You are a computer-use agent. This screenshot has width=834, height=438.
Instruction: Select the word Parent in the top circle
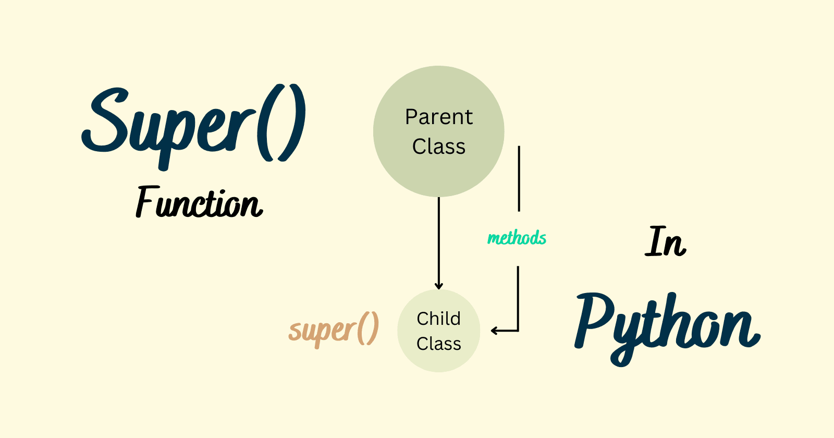click(x=439, y=117)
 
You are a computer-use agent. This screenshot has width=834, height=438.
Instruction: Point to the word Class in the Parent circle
click(x=439, y=147)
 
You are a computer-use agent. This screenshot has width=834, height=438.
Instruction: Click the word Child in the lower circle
click(x=439, y=319)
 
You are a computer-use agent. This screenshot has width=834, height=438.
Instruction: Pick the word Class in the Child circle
click(x=439, y=344)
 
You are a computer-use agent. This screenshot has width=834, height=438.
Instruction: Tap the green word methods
click(x=517, y=238)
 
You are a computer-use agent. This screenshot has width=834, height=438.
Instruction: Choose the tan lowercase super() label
click(x=334, y=330)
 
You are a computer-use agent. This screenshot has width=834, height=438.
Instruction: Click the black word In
click(x=666, y=242)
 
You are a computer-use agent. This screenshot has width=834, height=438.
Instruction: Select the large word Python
click(x=667, y=326)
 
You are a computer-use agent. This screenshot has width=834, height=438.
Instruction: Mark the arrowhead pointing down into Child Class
click(x=439, y=285)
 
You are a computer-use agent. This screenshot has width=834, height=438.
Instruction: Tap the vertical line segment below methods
click(x=518, y=297)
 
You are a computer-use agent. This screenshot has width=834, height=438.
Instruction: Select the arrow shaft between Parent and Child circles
click(x=439, y=240)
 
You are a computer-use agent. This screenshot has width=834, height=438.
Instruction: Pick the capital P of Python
click(x=594, y=318)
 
